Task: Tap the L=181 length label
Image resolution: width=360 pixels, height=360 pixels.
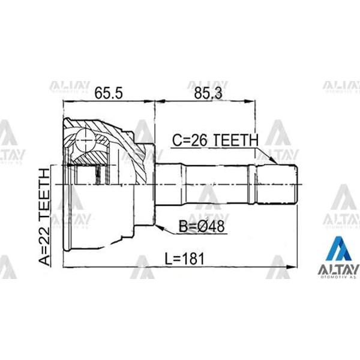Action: [185, 259]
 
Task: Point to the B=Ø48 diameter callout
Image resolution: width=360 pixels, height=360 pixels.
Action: [201, 227]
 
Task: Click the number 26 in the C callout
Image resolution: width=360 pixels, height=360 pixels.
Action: [202, 140]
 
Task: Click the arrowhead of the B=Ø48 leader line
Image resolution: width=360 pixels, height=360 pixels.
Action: [157, 227]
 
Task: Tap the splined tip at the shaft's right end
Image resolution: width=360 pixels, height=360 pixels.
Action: [286, 184]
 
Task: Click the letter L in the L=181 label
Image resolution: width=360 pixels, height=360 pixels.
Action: [168, 259]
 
